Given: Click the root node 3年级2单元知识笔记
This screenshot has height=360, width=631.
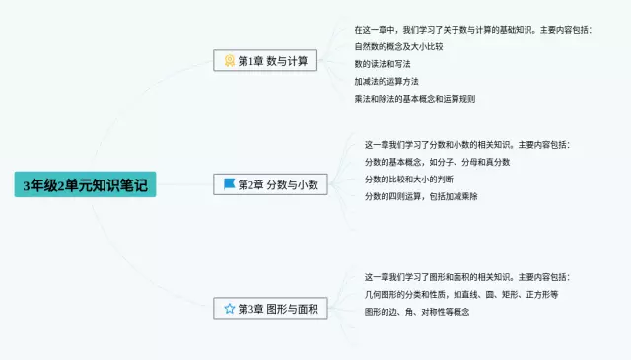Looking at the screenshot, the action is pyautogui.click(x=85, y=184).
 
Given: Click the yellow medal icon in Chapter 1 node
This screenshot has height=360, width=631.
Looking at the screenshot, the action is pyautogui.click(x=229, y=61).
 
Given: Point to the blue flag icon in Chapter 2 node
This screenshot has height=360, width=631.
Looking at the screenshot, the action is pyautogui.click(x=229, y=184).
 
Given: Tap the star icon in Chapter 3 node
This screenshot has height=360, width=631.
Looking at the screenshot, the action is pyautogui.click(x=229, y=309).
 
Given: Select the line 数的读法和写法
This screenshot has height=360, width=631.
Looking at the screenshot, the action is pyautogui.click(x=385, y=64).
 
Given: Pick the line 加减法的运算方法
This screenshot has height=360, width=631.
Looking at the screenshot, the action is pyautogui.click(x=387, y=82).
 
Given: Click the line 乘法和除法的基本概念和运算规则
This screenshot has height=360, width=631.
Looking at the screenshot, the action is pyautogui.click(x=414, y=99).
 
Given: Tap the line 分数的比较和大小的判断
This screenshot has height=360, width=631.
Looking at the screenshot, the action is pyautogui.click(x=410, y=180).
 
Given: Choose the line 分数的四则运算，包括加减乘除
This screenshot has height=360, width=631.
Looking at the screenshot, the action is pyautogui.click(x=421, y=196).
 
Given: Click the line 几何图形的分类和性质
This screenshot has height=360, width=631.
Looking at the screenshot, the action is pyautogui.click(x=461, y=294).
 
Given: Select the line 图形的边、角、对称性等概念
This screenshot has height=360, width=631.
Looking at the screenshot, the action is pyautogui.click(x=416, y=312).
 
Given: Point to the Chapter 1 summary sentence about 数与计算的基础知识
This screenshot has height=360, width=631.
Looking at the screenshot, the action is pyautogui.click(x=472, y=30).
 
